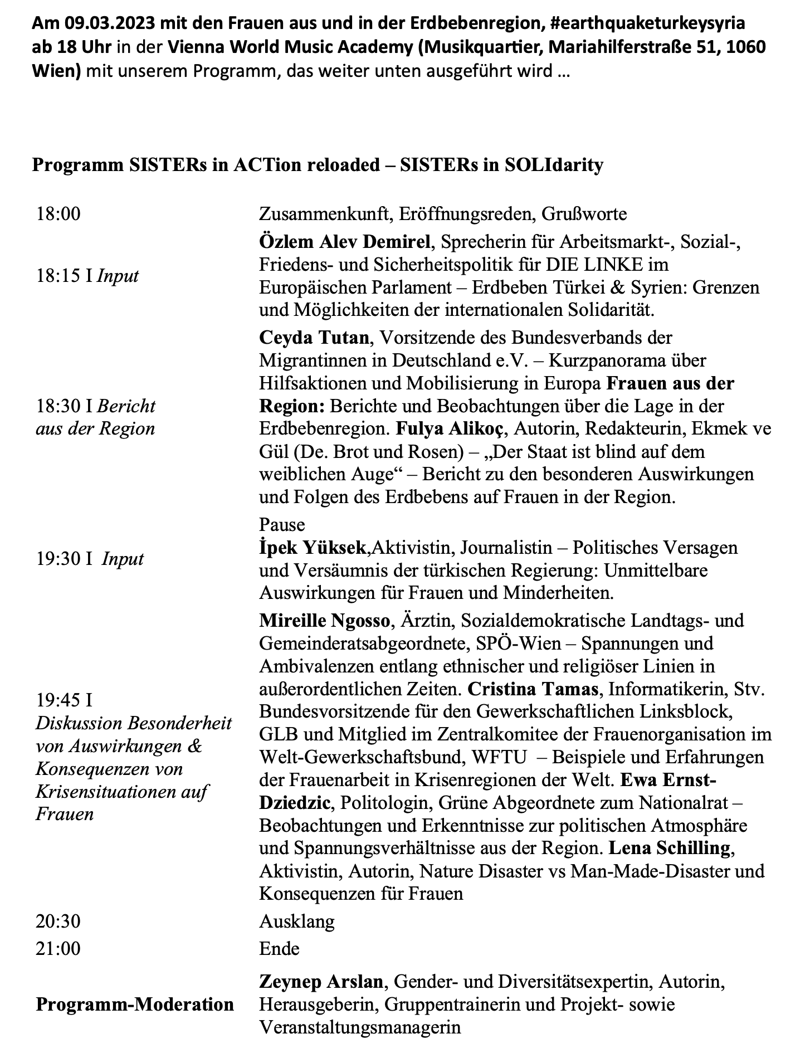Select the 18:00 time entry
pos(58,213)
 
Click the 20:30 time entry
pos(58,921)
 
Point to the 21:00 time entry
pos(58,948)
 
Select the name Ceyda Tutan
pos(314,337)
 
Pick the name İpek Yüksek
pos(313,547)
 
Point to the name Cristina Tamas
pos(533,689)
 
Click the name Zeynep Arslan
pos(321,981)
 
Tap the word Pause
pos(282,524)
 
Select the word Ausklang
pos(297,921)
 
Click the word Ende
pos(279,948)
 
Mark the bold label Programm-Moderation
pos(135,1004)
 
